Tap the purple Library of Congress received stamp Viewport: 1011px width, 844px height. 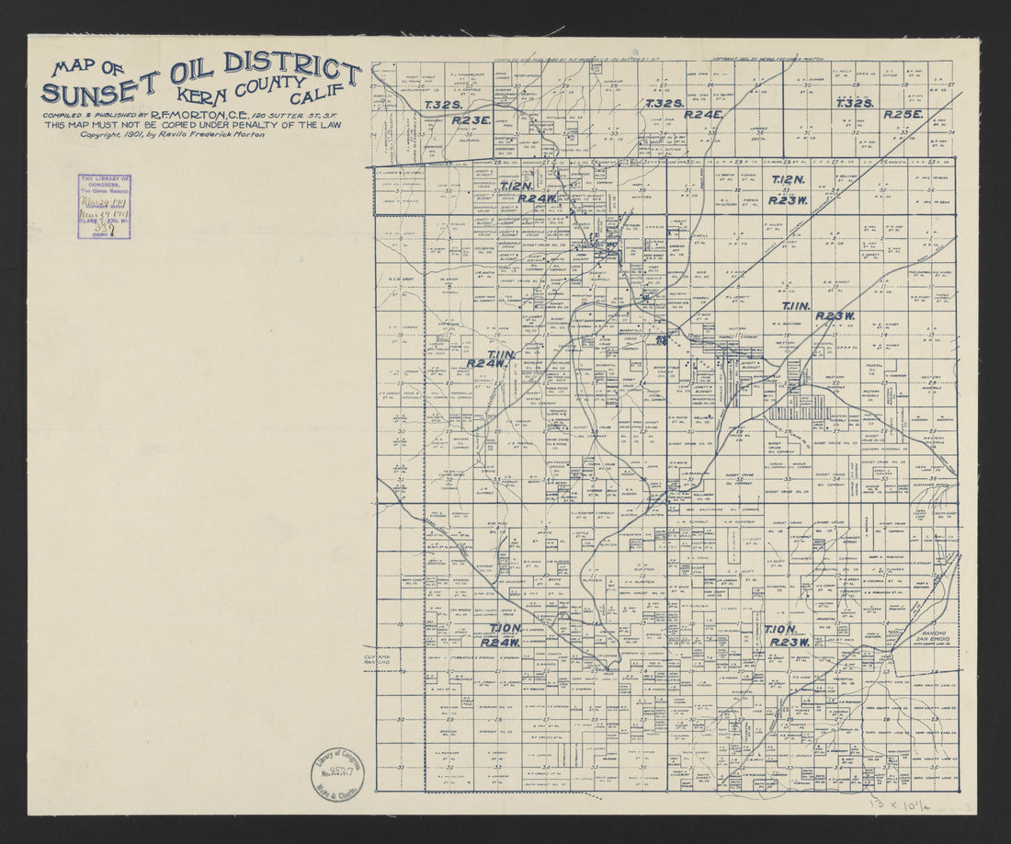(x=104, y=207)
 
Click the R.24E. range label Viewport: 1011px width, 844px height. (x=705, y=115)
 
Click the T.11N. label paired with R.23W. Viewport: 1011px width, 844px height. (x=796, y=305)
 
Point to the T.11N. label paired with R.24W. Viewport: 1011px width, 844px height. (x=502, y=355)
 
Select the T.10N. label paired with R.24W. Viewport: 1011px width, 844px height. (x=506, y=628)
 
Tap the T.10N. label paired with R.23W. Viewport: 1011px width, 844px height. (x=780, y=630)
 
